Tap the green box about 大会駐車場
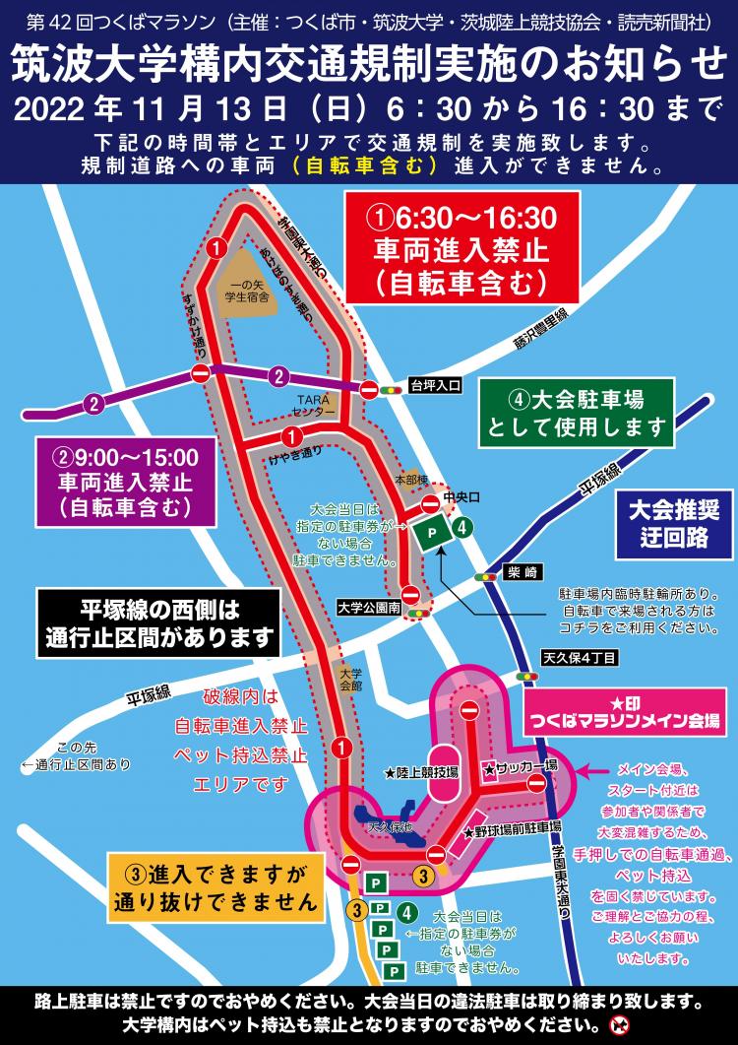pyautogui.click(x=577, y=413)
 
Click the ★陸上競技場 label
pyautogui.click(x=421, y=774)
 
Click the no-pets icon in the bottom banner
pyautogui.click(x=618, y=1023)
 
